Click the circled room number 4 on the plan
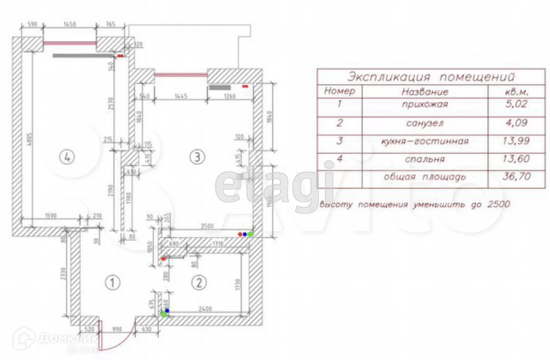(x=67, y=157)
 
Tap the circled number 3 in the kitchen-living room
(x=196, y=157)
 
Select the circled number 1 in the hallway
(x=111, y=283)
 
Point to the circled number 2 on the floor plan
(x=198, y=283)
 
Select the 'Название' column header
(x=424, y=91)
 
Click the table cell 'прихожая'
(x=424, y=106)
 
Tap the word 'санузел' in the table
(x=424, y=123)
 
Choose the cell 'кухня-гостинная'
(x=424, y=140)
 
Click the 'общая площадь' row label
(x=425, y=176)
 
